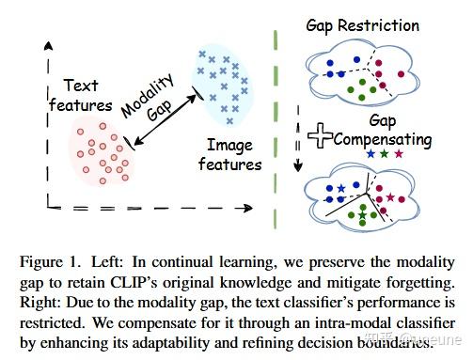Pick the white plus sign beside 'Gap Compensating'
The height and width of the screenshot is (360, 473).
(x=323, y=137)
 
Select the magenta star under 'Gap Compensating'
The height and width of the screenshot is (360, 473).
(x=399, y=154)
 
